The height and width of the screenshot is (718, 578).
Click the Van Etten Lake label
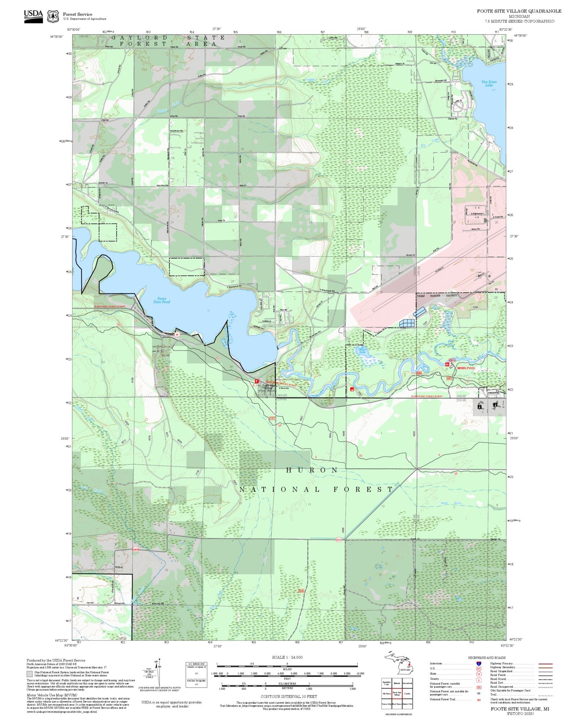[489, 83]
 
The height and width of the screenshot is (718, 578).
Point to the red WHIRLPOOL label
[466, 368]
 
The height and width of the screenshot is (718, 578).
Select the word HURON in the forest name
[312, 470]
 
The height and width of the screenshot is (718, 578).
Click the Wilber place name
[119, 567]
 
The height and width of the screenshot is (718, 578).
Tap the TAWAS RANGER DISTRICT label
[438, 296]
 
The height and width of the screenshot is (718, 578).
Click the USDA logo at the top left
[33, 16]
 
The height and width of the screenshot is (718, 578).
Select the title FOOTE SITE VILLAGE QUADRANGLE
[519, 11]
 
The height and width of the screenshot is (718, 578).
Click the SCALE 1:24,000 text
[287, 657]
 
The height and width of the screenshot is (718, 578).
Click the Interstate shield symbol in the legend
[479, 664]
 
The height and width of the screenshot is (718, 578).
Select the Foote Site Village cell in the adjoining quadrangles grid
[397, 693]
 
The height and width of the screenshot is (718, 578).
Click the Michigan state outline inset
[397, 664]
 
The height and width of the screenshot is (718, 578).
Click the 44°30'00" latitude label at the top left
[56, 37]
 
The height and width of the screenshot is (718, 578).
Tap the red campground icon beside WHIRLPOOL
[447, 364]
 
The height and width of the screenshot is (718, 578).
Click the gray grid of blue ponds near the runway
[408, 323]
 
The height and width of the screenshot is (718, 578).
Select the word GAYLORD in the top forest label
[139, 38]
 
